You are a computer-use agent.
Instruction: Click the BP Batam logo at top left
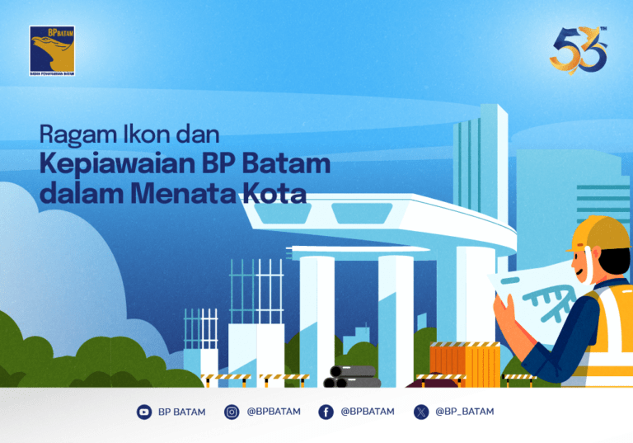coord(52,51)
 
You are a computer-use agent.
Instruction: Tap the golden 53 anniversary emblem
coord(579,50)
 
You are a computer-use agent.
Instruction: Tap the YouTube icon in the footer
coord(144,412)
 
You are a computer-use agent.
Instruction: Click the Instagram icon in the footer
coord(232,412)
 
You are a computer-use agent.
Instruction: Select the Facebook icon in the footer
coord(326,412)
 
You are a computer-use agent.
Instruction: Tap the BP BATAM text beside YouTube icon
coord(181,412)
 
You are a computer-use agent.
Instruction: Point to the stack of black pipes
coord(346,377)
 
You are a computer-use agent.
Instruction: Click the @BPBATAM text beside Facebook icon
coord(368,412)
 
